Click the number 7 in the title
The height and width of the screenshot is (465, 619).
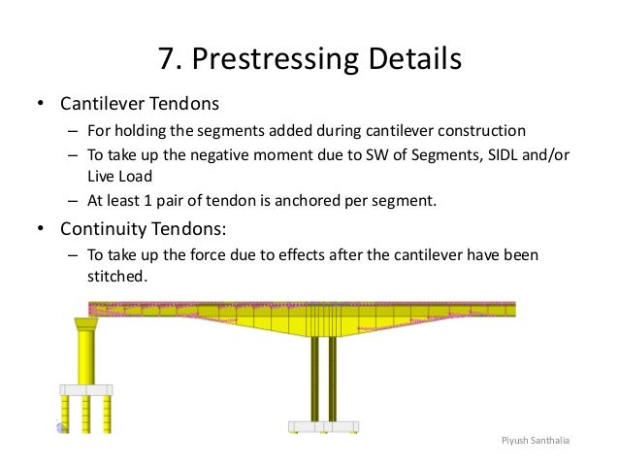click(x=167, y=61)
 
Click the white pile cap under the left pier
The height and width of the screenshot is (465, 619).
click(x=87, y=389)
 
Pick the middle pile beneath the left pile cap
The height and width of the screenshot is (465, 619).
click(x=87, y=412)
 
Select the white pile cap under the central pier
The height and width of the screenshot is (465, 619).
click(x=323, y=426)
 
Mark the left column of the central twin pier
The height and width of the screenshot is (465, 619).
click(x=314, y=380)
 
